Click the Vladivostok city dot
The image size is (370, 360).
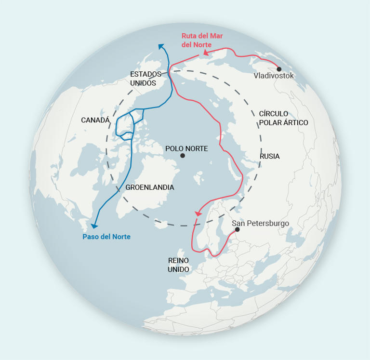[x=279, y=69]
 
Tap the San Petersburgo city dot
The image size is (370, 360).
[x=237, y=229]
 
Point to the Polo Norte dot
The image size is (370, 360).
[x=182, y=156]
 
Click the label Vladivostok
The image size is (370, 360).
[x=273, y=76]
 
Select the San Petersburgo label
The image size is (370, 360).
[x=260, y=223]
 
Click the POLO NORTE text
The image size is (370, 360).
[x=186, y=148]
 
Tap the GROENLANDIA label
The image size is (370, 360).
[x=150, y=187]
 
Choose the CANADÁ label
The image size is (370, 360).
[x=95, y=120]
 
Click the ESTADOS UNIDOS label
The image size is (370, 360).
[x=146, y=79]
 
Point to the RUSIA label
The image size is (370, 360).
[x=269, y=156]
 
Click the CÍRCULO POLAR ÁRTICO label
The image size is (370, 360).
[x=283, y=118]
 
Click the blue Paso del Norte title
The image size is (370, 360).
[x=106, y=237]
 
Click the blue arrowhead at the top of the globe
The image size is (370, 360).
[x=161, y=46]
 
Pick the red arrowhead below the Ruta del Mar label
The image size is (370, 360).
[x=206, y=53]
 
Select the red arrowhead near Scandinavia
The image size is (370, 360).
[x=198, y=213]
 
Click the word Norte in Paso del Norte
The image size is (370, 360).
[x=120, y=237]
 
